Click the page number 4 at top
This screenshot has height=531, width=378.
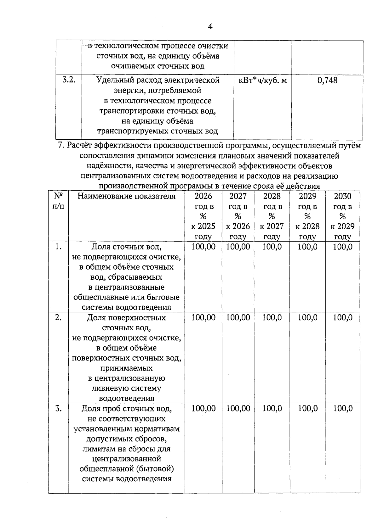[210, 27]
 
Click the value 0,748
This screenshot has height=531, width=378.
[327, 81]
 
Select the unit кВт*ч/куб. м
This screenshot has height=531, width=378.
[263, 81]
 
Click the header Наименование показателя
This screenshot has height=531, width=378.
[126, 196]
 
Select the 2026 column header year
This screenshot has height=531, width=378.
[203, 196]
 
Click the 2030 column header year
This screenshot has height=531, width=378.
[342, 196]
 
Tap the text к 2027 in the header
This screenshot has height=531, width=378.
[272, 226]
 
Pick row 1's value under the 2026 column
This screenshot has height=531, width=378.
[203, 247]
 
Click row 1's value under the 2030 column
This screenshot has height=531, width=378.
[342, 247]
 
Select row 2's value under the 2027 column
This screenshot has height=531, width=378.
[238, 318]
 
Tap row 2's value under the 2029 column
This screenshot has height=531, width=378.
[307, 318]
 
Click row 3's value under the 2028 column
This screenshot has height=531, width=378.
[272, 409]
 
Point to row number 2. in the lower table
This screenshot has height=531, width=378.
[58, 318]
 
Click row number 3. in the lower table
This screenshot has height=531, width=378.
[58, 409]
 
